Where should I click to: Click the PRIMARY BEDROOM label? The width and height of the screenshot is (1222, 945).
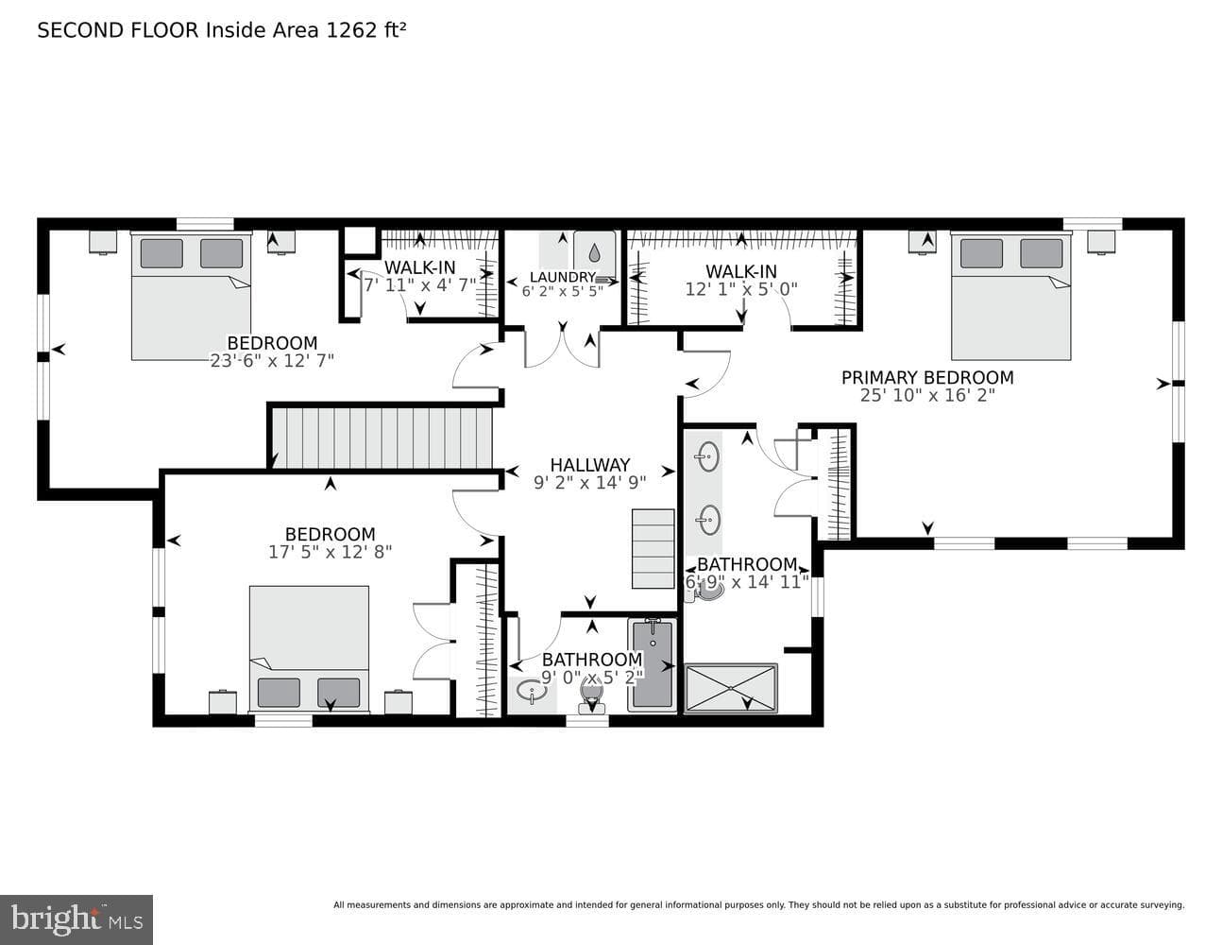[927, 377]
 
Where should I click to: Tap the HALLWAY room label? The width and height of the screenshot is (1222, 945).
[590, 465]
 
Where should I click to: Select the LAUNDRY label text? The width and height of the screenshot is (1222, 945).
[562, 277]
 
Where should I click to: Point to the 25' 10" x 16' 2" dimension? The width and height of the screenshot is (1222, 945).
[927, 395]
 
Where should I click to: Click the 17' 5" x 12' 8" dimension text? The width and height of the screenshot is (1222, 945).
[331, 552]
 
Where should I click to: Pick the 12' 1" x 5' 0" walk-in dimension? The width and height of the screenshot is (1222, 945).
[741, 289]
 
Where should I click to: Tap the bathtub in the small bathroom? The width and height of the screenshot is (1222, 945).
[653, 665]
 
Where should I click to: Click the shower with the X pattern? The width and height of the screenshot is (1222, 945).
[731, 689]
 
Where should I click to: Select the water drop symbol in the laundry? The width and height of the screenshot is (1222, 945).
[594, 252]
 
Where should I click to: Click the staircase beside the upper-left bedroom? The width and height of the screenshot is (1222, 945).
[382, 438]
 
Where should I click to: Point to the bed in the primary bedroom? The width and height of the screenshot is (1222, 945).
[1010, 295]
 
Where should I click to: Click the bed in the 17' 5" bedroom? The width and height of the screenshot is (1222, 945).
[310, 649]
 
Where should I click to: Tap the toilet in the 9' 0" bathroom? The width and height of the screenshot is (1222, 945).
[591, 696]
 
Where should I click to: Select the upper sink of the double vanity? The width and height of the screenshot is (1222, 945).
[707, 456]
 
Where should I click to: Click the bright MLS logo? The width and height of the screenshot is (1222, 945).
[76, 919]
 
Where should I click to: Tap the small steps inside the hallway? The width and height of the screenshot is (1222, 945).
[653, 548]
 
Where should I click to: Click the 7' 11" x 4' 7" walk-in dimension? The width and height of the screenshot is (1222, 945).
[419, 285]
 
